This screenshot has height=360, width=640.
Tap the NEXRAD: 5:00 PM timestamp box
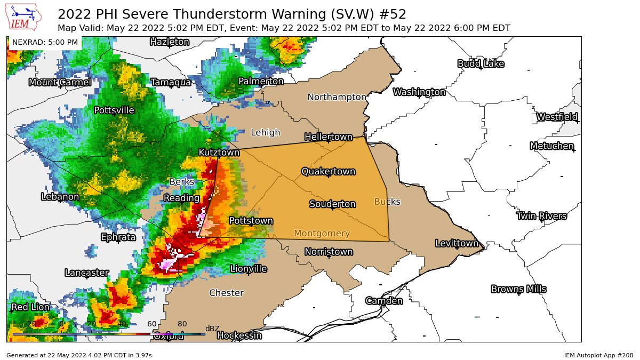pos(45,42)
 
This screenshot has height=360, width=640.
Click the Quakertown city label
pos(328,171)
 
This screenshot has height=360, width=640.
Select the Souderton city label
pos(332,204)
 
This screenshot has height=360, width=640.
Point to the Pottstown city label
pos(251,220)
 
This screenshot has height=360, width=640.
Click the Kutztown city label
pos(219,153)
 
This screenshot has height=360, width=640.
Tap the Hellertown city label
pos(329,137)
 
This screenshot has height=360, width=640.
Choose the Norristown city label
pos(329,251)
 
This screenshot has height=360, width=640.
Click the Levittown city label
pos(457,243)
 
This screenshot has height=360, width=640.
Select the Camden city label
pos(383,301)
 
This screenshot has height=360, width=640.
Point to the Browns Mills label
pos(518,289)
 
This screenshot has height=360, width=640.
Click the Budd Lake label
pos(481,63)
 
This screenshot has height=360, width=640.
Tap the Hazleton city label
pos(169,42)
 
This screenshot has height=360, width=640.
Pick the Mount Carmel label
pos(60,82)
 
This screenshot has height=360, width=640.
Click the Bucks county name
pos(387,202)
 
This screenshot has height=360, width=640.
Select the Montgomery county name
pos(322,233)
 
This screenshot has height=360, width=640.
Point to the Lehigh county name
pos(265,132)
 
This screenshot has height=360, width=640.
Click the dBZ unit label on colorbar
pos(212,329)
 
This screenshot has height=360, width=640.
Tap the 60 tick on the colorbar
pos(152,324)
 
